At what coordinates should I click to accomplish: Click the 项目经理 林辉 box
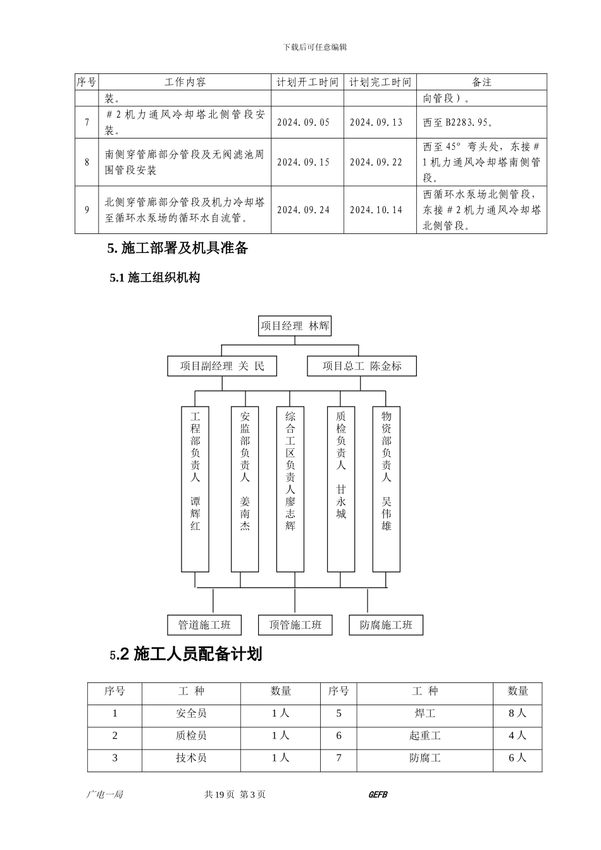(x=295, y=326)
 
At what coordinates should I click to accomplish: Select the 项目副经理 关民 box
(x=221, y=366)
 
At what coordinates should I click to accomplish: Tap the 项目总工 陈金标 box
(x=361, y=366)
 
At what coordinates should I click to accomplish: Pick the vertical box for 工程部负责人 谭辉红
(x=195, y=489)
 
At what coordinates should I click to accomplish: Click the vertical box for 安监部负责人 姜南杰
(x=245, y=489)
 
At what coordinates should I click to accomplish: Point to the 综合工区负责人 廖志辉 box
(x=290, y=489)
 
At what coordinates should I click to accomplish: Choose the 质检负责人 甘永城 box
(x=341, y=489)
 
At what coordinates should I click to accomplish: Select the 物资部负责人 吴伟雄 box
(x=386, y=489)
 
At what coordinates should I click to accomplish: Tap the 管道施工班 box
(x=204, y=625)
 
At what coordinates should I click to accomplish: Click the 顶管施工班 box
(x=295, y=625)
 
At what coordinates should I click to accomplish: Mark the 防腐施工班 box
(x=386, y=625)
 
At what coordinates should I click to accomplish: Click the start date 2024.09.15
(x=304, y=163)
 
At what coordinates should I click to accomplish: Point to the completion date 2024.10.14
(x=376, y=210)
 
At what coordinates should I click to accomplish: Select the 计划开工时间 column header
(x=307, y=82)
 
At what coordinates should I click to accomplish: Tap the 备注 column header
(x=481, y=82)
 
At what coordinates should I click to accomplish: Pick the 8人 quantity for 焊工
(x=517, y=713)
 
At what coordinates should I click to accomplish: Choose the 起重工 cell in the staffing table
(x=425, y=736)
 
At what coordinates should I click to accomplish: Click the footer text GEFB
(x=377, y=795)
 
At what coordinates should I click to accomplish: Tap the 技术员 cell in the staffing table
(x=191, y=758)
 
